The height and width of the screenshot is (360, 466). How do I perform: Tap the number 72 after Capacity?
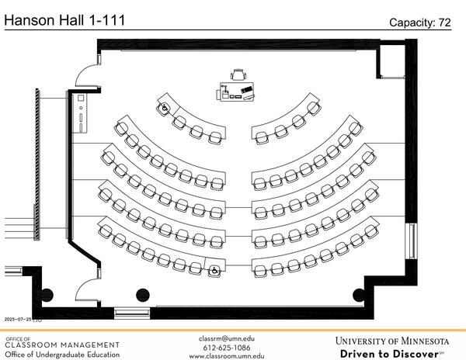pos(444,23)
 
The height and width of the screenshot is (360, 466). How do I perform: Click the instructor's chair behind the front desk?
pos(238,74)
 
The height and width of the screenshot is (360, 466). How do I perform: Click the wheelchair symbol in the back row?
pos(214,271)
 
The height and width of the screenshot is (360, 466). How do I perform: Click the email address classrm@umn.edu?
pos(227,339)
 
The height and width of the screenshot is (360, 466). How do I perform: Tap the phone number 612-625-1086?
pos(227,348)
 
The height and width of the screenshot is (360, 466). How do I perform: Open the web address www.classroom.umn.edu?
pos(227,357)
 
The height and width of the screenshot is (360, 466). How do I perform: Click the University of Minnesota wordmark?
pos(392,341)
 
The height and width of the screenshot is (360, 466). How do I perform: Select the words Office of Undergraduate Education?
pos(62,355)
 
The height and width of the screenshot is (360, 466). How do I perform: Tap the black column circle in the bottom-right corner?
pos(360,294)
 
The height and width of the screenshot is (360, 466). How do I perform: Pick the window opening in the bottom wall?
pos(131,313)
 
